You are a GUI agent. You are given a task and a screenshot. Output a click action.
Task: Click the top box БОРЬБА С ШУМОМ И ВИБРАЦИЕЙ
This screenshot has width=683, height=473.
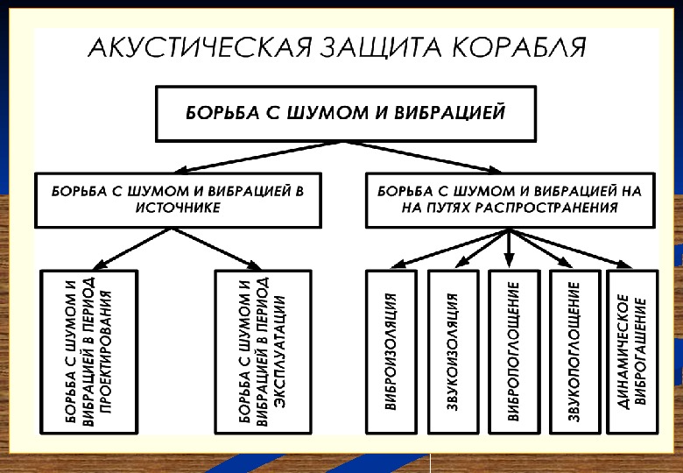click(x=345, y=113)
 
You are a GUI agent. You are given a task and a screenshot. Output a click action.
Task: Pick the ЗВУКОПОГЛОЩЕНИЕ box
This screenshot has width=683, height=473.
click(x=574, y=351)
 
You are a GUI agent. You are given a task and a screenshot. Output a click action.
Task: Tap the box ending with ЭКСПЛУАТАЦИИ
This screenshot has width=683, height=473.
click(x=262, y=351)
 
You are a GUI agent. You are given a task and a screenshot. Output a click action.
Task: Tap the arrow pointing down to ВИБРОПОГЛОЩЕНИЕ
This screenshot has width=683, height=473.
click(x=509, y=249)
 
